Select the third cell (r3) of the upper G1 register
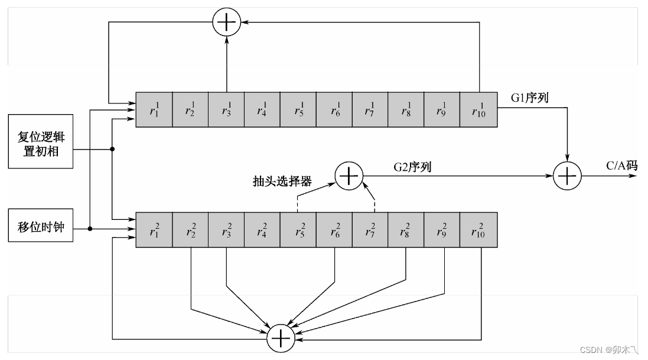pyautogui.click(x=226, y=109)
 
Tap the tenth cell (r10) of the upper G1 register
pyautogui.click(x=478, y=109)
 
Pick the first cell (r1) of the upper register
pyautogui.click(x=154, y=109)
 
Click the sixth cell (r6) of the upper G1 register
pyautogui.click(x=334, y=109)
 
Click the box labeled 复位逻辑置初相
pyautogui.click(x=41, y=142)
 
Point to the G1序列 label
pyautogui.click(x=530, y=98)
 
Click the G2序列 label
pyautogui.click(x=412, y=167)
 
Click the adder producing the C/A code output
pyautogui.click(x=568, y=176)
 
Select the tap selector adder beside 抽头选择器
pyautogui.click(x=349, y=176)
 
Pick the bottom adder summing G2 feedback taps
pyautogui.click(x=281, y=337)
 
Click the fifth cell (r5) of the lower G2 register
pyautogui.click(x=298, y=231)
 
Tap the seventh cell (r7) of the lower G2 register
pyautogui.click(x=370, y=231)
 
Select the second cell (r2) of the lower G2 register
pyautogui.click(x=190, y=231)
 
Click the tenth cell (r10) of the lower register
pyautogui.click(x=478, y=231)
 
